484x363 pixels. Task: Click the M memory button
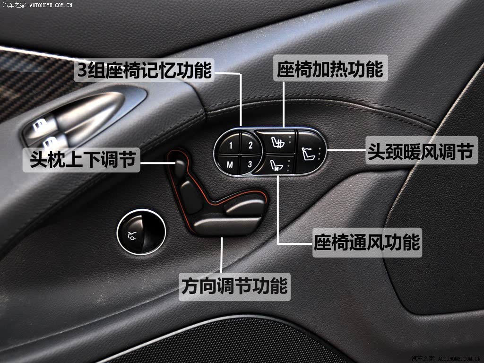click(229, 164)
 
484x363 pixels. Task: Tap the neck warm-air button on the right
click(310, 152)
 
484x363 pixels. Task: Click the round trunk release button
click(141, 232)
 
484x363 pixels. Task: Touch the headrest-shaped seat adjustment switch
click(180, 166)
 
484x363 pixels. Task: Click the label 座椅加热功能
click(330, 69)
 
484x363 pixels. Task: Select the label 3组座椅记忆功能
click(144, 70)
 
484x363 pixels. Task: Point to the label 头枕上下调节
click(81, 160)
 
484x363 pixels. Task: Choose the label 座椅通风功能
click(367, 242)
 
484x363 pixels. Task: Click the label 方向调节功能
click(234, 286)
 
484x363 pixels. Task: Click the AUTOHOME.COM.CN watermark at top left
click(51, 5)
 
